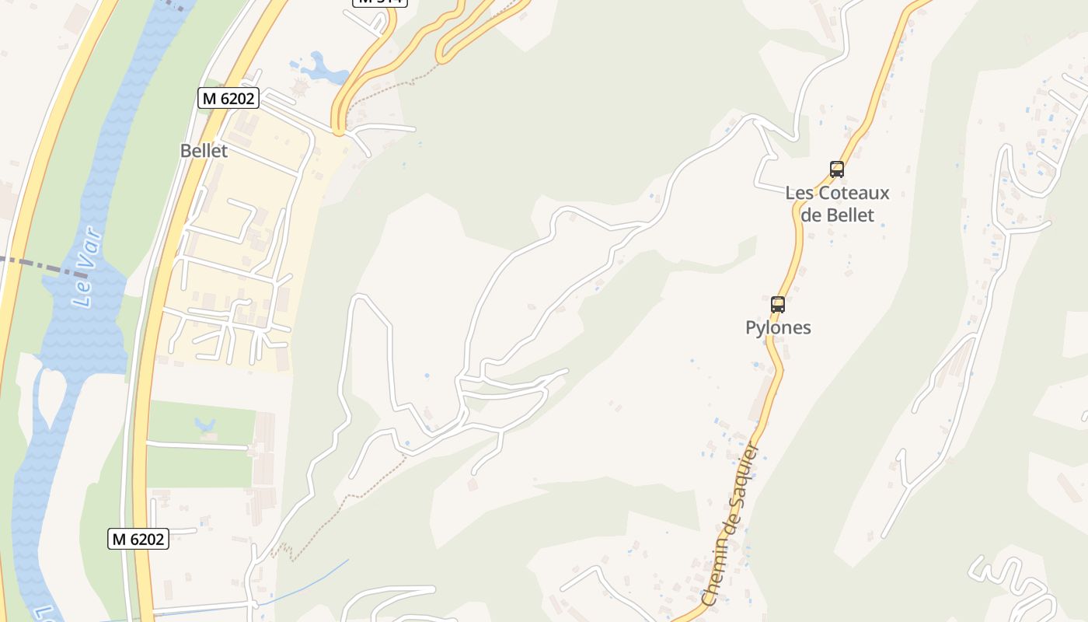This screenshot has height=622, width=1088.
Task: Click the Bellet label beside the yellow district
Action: click(x=204, y=151)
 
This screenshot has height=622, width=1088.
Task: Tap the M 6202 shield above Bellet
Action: click(x=228, y=98)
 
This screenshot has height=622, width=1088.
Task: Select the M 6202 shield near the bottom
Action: click(x=138, y=539)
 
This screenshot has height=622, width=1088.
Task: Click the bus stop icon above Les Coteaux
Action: click(x=836, y=169)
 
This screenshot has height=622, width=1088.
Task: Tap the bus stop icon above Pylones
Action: click(x=777, y=304)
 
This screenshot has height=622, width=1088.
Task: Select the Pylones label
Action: click(x=778, y=327)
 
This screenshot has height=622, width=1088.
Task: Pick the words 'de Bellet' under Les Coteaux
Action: click(x=837, y=215)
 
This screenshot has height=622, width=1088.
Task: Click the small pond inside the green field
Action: click(x=205, y=425)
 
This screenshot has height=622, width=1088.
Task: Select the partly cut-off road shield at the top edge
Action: click(x=380, y=2)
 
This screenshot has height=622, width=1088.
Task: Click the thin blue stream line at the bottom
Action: click(x=311, y=579)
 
